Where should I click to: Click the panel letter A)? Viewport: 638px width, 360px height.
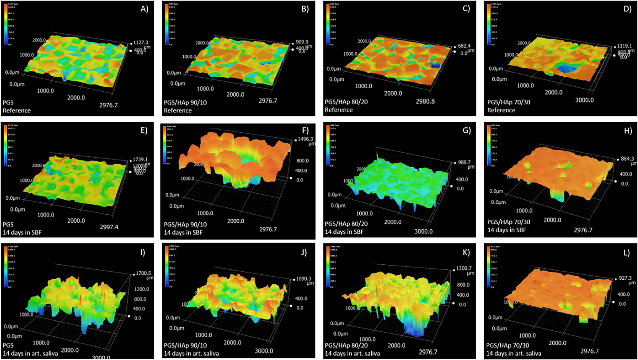pos(144,9)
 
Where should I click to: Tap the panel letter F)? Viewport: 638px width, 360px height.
pos(305,130)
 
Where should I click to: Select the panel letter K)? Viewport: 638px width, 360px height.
pos(466,252)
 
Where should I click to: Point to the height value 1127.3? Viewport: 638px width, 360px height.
pos(140,43)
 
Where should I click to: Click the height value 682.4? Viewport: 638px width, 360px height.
pos(464,46)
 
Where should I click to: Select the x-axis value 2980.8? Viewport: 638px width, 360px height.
pos(425,101)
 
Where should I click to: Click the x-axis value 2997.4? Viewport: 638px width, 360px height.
pos(109,227)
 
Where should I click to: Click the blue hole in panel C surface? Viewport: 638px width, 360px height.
pos(435,65)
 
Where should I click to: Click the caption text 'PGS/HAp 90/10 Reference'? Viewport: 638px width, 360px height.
pos(185,106)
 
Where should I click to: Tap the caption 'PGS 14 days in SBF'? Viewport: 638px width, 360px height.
pos(22,228)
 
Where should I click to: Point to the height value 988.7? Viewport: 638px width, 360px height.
pos(464,162)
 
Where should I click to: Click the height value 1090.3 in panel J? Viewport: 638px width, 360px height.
pos(304,279)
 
